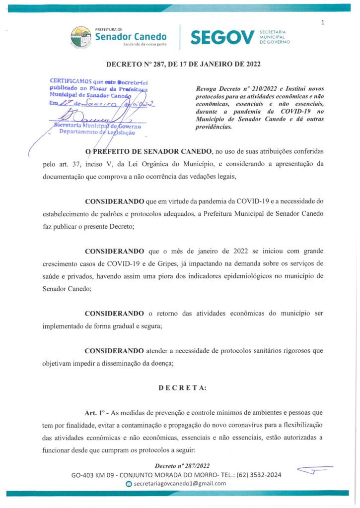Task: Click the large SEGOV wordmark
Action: (x=222, y=37)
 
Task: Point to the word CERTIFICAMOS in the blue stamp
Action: (x=70, y=80)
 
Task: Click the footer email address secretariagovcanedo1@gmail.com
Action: (x=181, y=483)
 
